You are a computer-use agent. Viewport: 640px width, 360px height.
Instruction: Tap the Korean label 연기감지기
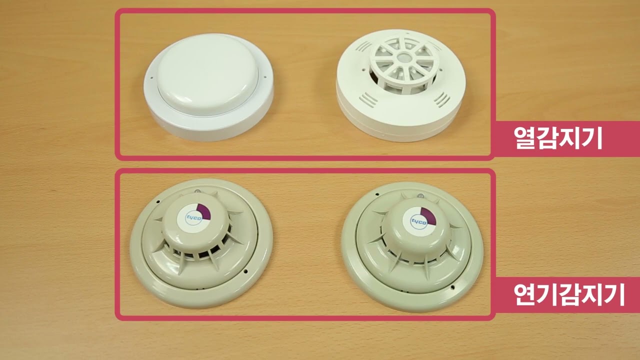pos(569,294)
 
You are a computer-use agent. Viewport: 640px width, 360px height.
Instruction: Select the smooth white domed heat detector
pos(208,87)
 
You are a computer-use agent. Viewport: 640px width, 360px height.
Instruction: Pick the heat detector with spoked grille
pos(401,85)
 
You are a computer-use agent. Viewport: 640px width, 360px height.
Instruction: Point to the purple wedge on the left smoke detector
pos(204,211)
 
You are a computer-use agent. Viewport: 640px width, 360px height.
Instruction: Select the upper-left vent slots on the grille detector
pos(363,46)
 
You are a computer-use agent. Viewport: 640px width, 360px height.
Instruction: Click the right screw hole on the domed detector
pos(265,76)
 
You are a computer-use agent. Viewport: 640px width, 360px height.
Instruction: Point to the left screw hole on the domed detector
pos(151,77)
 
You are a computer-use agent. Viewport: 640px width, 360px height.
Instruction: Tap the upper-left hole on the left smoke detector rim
pos(157,201)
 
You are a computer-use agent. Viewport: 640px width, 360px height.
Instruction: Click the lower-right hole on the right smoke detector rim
pos(452,287)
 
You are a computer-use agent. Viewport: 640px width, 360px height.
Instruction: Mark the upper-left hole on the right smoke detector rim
pos(377,194)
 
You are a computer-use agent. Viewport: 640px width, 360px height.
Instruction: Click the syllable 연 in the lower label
pos(524,294)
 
